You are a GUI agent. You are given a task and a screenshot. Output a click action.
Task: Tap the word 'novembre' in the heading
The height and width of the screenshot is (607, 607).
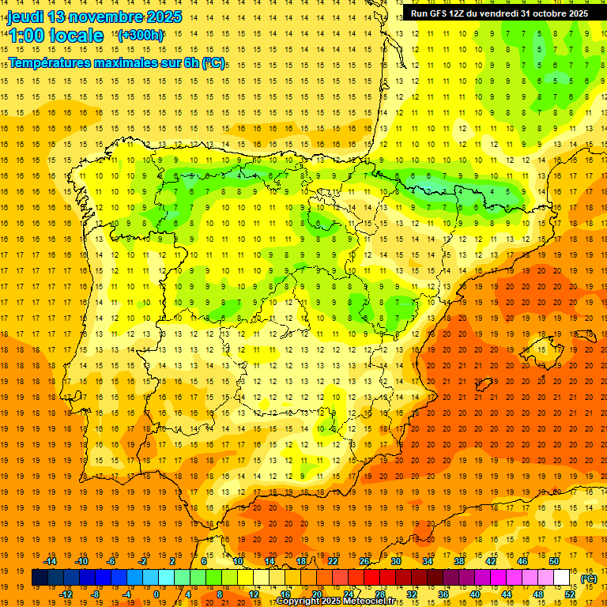pos(102,17)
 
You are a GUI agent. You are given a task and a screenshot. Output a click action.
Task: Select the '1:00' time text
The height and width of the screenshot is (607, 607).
pos(26,36)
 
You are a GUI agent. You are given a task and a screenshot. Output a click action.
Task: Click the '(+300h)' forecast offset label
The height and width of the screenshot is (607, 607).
pos(141,35)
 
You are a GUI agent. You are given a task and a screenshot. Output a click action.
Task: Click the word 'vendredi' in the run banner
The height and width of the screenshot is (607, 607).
pos(497,13)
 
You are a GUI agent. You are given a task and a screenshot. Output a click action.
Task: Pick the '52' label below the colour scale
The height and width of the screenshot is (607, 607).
pos(570,594)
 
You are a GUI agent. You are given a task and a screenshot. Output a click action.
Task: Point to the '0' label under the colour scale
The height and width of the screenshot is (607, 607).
pos(156,594)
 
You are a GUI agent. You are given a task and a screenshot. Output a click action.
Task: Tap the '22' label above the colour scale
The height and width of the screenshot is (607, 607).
pos(333,561)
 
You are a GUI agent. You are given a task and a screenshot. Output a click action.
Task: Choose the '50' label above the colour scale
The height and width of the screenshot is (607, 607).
pos(554,561)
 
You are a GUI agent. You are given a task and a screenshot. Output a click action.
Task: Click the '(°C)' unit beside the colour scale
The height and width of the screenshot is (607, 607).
pos(589,579)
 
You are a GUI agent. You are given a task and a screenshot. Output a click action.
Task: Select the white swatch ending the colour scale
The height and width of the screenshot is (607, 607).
pos(562,578)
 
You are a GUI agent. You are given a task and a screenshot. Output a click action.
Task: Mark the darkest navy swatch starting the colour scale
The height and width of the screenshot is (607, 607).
pos(40,578)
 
